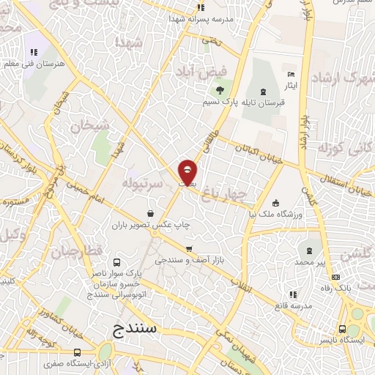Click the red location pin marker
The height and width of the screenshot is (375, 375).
[188, 171]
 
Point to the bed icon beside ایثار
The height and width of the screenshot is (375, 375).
[292, 75]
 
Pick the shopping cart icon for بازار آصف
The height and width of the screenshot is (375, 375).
[190, 248]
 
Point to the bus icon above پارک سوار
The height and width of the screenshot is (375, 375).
[116, 262]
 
